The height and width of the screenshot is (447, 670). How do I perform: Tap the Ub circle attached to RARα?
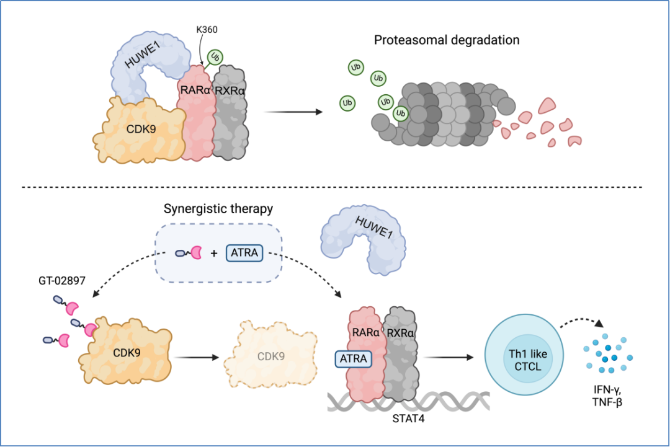(x=215, y=58)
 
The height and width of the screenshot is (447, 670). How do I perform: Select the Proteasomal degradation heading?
(x=447, y=40)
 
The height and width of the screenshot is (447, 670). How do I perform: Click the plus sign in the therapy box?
(x=215, y=253)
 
